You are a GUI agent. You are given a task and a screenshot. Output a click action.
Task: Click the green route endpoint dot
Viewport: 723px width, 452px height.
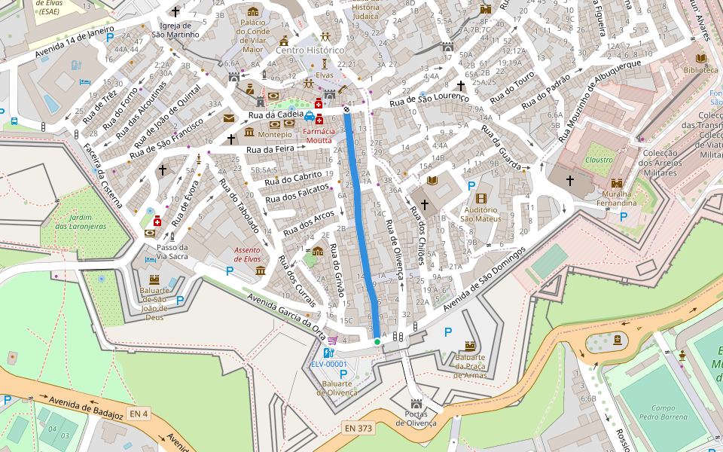pos(377,342)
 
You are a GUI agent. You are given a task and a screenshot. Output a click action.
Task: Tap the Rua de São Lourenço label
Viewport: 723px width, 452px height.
pos(429,98)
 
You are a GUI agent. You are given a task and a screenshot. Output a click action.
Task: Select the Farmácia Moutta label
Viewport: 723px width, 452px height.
pos(318,136)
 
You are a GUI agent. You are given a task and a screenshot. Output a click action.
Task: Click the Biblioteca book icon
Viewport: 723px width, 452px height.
pos(700,58)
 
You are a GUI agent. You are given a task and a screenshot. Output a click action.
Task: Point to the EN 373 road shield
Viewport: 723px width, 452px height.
pos(358,428)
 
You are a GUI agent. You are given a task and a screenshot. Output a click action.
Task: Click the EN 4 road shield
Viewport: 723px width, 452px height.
pos(139,413)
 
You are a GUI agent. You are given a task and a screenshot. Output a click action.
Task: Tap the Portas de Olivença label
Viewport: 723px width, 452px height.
pos(415,418)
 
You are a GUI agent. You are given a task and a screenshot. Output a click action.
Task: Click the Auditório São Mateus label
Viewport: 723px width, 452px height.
pos(481,214)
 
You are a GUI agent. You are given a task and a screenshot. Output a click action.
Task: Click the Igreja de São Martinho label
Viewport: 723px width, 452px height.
pos(175,29)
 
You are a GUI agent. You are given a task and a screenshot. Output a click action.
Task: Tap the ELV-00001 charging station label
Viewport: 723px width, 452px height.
pos(329,365)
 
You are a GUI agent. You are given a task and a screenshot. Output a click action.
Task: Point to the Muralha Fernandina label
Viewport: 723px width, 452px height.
pos(616,198)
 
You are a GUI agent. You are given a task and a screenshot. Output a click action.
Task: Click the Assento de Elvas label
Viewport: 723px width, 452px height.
pos(247,254)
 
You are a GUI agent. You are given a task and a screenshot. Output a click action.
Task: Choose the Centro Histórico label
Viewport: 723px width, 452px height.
pos(310,50)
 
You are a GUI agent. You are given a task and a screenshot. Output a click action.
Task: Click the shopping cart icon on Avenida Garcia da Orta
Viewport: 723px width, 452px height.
pos(332,341)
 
